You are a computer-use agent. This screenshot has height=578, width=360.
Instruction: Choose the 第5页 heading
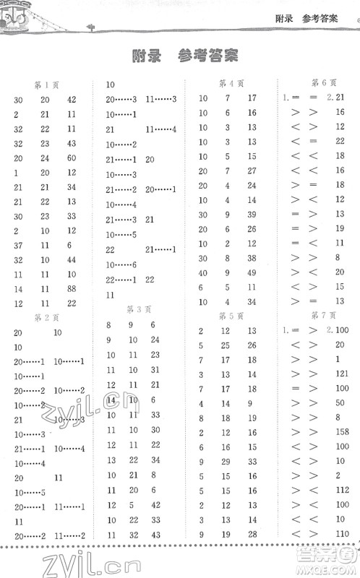(x=231, y=316)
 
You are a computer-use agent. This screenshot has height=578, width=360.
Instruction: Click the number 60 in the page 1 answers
(x=72, y=158)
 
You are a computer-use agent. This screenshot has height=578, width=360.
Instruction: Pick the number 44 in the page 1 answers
(x=72, y=260)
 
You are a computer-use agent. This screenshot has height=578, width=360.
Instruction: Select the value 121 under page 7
(x=342, y=374)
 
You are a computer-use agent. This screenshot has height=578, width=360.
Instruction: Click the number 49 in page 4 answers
(x=252, y=272)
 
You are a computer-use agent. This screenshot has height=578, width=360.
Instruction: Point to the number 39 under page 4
(x=252, y=215)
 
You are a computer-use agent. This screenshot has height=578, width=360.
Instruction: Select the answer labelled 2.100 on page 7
(x=338, y=331)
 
